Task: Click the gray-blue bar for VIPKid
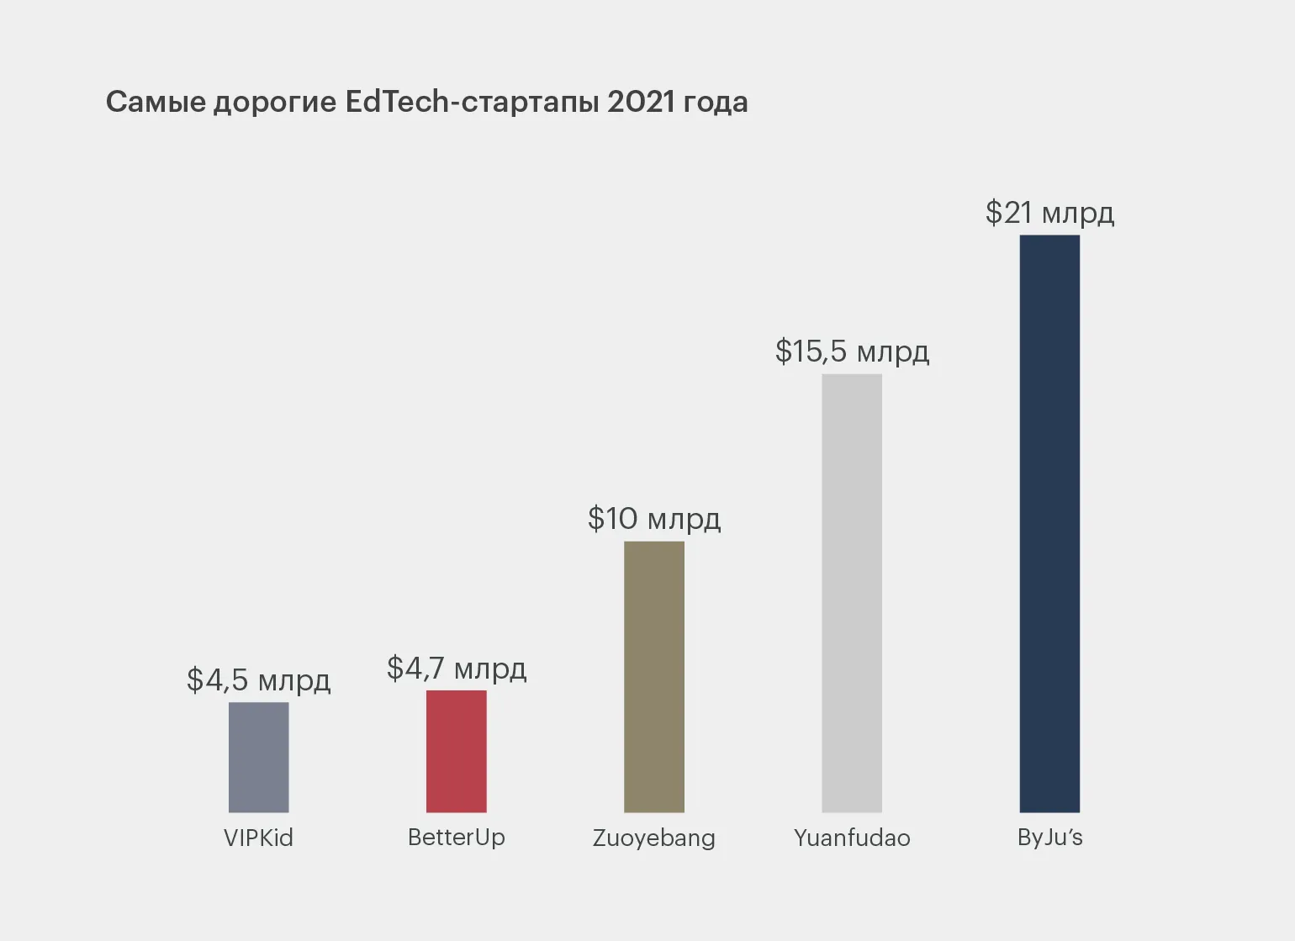[x=258, y=757]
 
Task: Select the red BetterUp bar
[x=456, y=751]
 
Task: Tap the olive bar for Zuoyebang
[x=654, y=676]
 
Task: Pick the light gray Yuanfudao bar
[x=852, y=593]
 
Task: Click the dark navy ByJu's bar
[x=1049, y=523]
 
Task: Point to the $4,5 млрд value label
[x=258, y=679]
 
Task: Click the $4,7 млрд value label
[x=456, y=669]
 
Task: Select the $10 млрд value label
[x=654, y=518]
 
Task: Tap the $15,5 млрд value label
[x=852, y=352]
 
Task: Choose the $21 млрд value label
[x=1049, y=213]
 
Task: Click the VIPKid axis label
[x=258, y=838]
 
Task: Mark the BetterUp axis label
[x=456, y=838]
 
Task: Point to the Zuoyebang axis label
[x=654, y=838]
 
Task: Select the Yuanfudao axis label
[x=852, y=838]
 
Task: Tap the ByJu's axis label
[x=1049, y=838]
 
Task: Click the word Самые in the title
[x=155, y=102]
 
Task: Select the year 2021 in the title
[x=641, y=102]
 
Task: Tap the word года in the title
[x=716, y=103]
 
